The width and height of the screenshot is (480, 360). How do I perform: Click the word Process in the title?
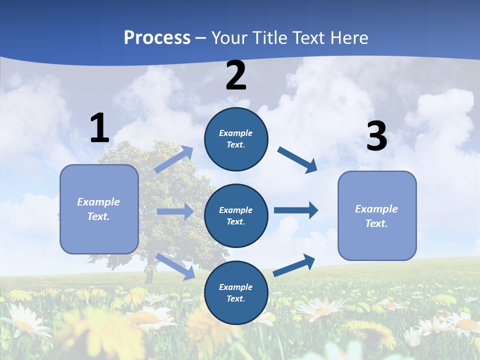(157, 37)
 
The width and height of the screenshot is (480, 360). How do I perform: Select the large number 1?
(99, 128)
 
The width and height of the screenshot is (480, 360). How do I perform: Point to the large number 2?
(236, 75)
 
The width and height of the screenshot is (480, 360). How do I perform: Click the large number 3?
(376, 136)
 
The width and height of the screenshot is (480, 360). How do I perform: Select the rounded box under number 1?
(99, 209)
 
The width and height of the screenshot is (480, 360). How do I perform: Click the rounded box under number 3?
(377, 215)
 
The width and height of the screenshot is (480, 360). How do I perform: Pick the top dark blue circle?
(236, 139)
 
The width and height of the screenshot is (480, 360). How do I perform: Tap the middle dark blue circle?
(236, 215)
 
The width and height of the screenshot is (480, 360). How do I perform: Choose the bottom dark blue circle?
(236, 292)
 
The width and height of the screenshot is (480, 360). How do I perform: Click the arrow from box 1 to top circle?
(174, 159)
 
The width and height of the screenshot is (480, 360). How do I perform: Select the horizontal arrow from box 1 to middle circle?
(175, 211)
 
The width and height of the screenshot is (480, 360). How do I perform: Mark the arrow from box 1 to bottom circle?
(175, 266)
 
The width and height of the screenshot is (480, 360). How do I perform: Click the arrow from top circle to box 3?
(297, 160)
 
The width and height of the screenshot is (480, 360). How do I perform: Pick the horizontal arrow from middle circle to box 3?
(296, 210)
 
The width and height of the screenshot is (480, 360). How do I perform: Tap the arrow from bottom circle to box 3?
(294, 265)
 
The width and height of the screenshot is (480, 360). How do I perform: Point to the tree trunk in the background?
(148, 274)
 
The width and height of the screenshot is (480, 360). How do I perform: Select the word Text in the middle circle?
(235, 221)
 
